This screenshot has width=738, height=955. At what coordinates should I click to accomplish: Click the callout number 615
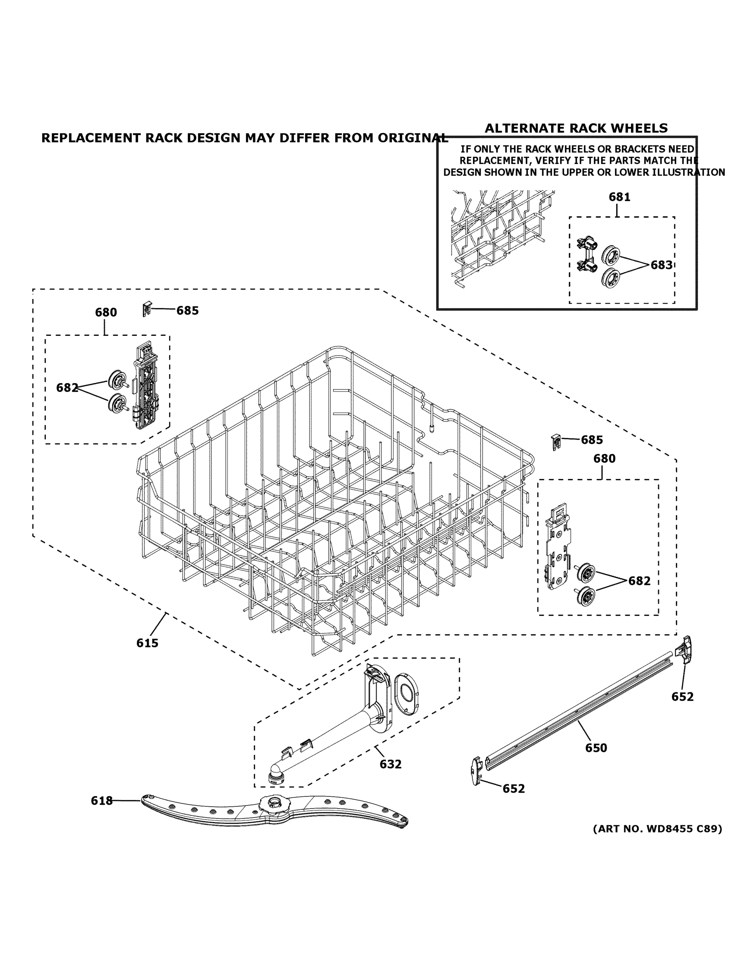[x=147, y=643]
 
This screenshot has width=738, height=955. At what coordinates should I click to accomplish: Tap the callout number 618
[x=102, y=801]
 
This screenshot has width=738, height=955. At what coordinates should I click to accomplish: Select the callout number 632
[x=390, y=764]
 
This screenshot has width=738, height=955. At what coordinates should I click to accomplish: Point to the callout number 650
[x=596, y=748]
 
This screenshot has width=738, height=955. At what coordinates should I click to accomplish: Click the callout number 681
[x=619, y=197]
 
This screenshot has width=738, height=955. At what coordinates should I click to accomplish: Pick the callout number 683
[x=662, y=265]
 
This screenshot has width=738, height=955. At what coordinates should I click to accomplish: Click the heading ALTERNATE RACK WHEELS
[x=576, y=128]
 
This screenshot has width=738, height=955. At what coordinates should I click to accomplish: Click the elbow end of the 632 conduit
[x=277, y=773]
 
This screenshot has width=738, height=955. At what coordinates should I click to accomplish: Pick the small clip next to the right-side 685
[x=556, y=442]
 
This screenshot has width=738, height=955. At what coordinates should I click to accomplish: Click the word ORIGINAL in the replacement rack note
[x=413, y=138]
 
